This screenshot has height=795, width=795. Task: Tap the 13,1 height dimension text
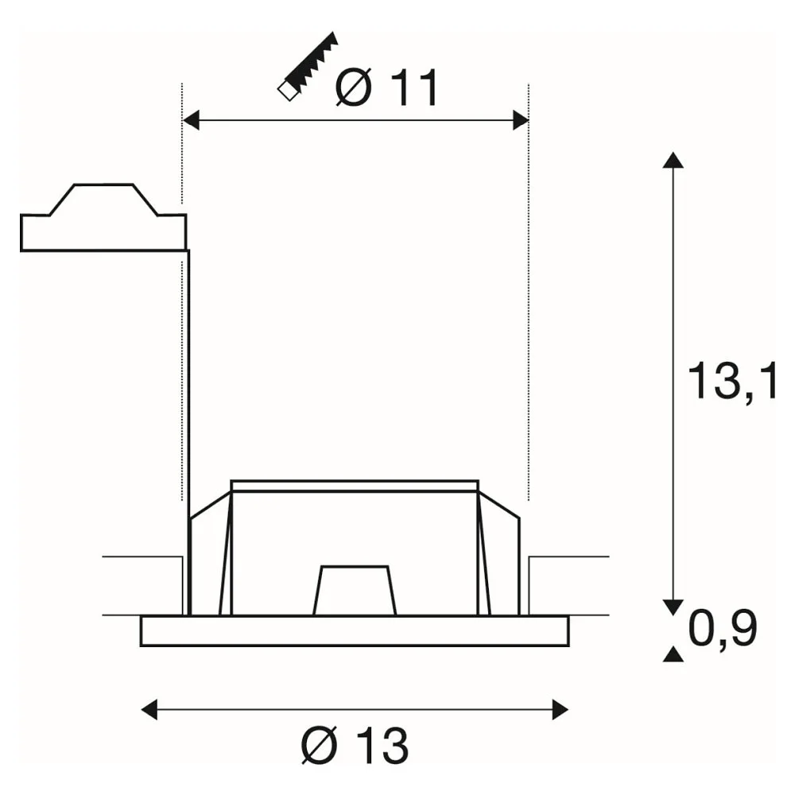click(731, 382)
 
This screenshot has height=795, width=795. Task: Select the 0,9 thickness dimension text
click(723, 628)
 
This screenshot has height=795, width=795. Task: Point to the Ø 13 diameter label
click(355, 746)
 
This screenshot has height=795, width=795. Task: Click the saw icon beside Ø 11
click(308, 67)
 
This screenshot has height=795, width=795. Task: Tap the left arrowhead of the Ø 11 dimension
click(190, 120)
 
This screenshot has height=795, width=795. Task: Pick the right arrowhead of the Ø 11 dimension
click(521, 120)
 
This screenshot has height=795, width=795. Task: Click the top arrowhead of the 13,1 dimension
click(673, 160)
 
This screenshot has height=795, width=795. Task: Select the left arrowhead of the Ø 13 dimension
click(149, 709)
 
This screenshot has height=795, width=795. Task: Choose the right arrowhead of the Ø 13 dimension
click(560, 709)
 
